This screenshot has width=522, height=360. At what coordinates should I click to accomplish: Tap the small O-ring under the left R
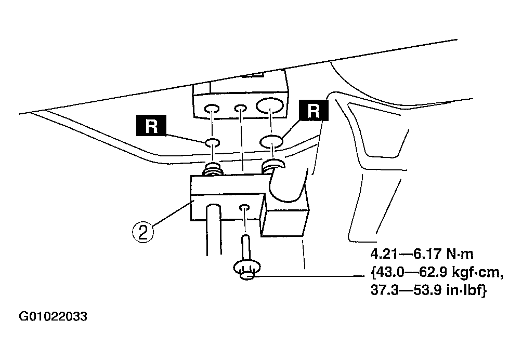click(213, 143)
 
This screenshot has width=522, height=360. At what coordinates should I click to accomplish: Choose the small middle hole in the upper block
click(240, 109)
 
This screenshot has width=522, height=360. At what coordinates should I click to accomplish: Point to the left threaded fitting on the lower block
click(213, 169)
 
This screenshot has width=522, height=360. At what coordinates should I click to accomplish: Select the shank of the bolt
click(245, 247)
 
